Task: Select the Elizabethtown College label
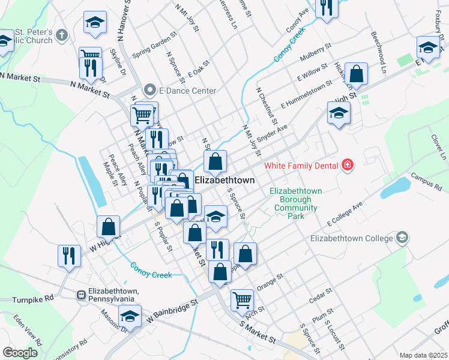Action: tap(351, 238)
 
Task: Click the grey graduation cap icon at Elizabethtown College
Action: tap(402, 238)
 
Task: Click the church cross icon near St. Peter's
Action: tap(61, 35)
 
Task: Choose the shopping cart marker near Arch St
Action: tap(242, 299)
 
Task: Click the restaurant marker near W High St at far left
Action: tap(69, 255)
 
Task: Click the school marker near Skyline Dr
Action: tap(94, 22)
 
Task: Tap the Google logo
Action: tap(20, 353)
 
